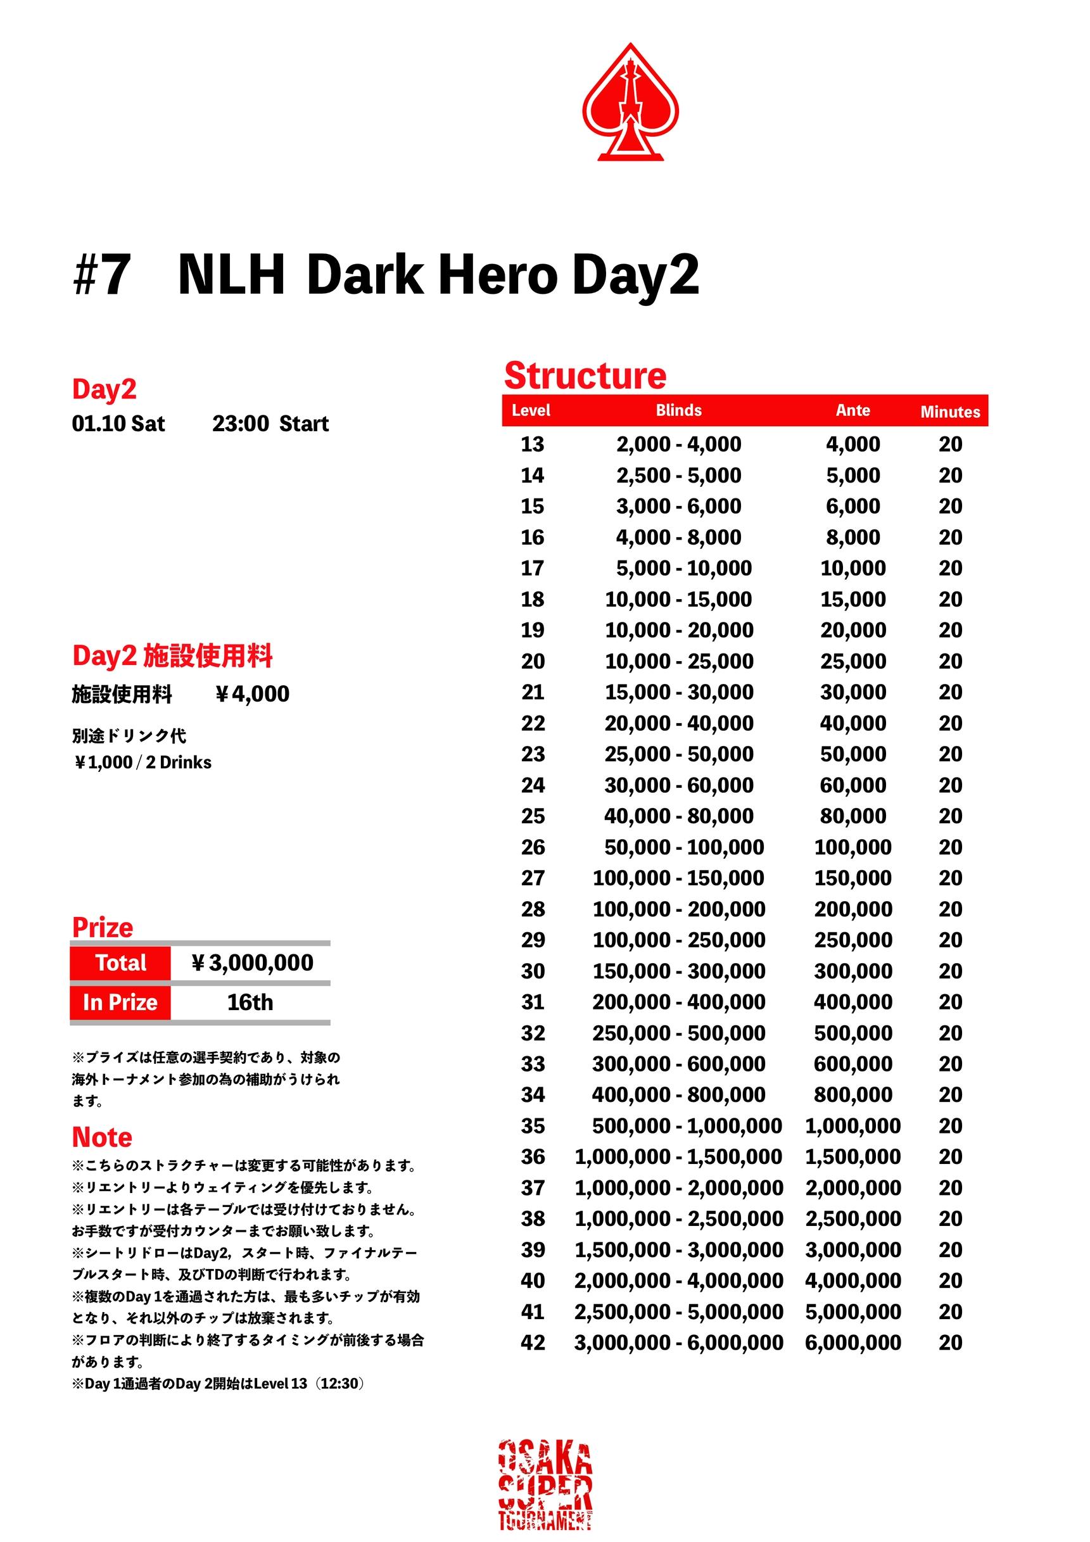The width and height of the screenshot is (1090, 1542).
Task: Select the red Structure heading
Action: coord(585,376)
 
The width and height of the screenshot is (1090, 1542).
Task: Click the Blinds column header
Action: coord(678,410)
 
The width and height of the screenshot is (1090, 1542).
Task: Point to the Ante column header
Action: coord(852,410)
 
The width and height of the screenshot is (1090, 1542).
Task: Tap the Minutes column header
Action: coord(949,412)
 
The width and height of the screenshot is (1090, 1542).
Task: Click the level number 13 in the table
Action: coord(532,444)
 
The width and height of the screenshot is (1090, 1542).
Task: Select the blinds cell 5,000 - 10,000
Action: coord(683,568)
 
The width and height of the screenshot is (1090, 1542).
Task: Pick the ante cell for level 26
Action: coord(852,847)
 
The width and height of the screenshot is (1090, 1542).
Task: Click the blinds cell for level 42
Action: coord(678,1343)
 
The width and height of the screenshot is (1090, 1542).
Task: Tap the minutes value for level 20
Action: coord(950,661)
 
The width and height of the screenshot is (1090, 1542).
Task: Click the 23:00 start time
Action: coord(241,424)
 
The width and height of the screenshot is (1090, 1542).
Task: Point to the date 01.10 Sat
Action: coord(118,424)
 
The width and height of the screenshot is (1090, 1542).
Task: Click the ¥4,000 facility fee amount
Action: coord(252,694)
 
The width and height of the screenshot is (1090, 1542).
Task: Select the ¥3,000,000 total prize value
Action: coord(252,963)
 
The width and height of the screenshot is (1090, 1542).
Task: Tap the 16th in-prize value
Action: coord(250,1002)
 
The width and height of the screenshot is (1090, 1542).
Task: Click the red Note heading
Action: coord(102,1137)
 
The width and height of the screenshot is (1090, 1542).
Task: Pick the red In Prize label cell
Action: coord(120,1002)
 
